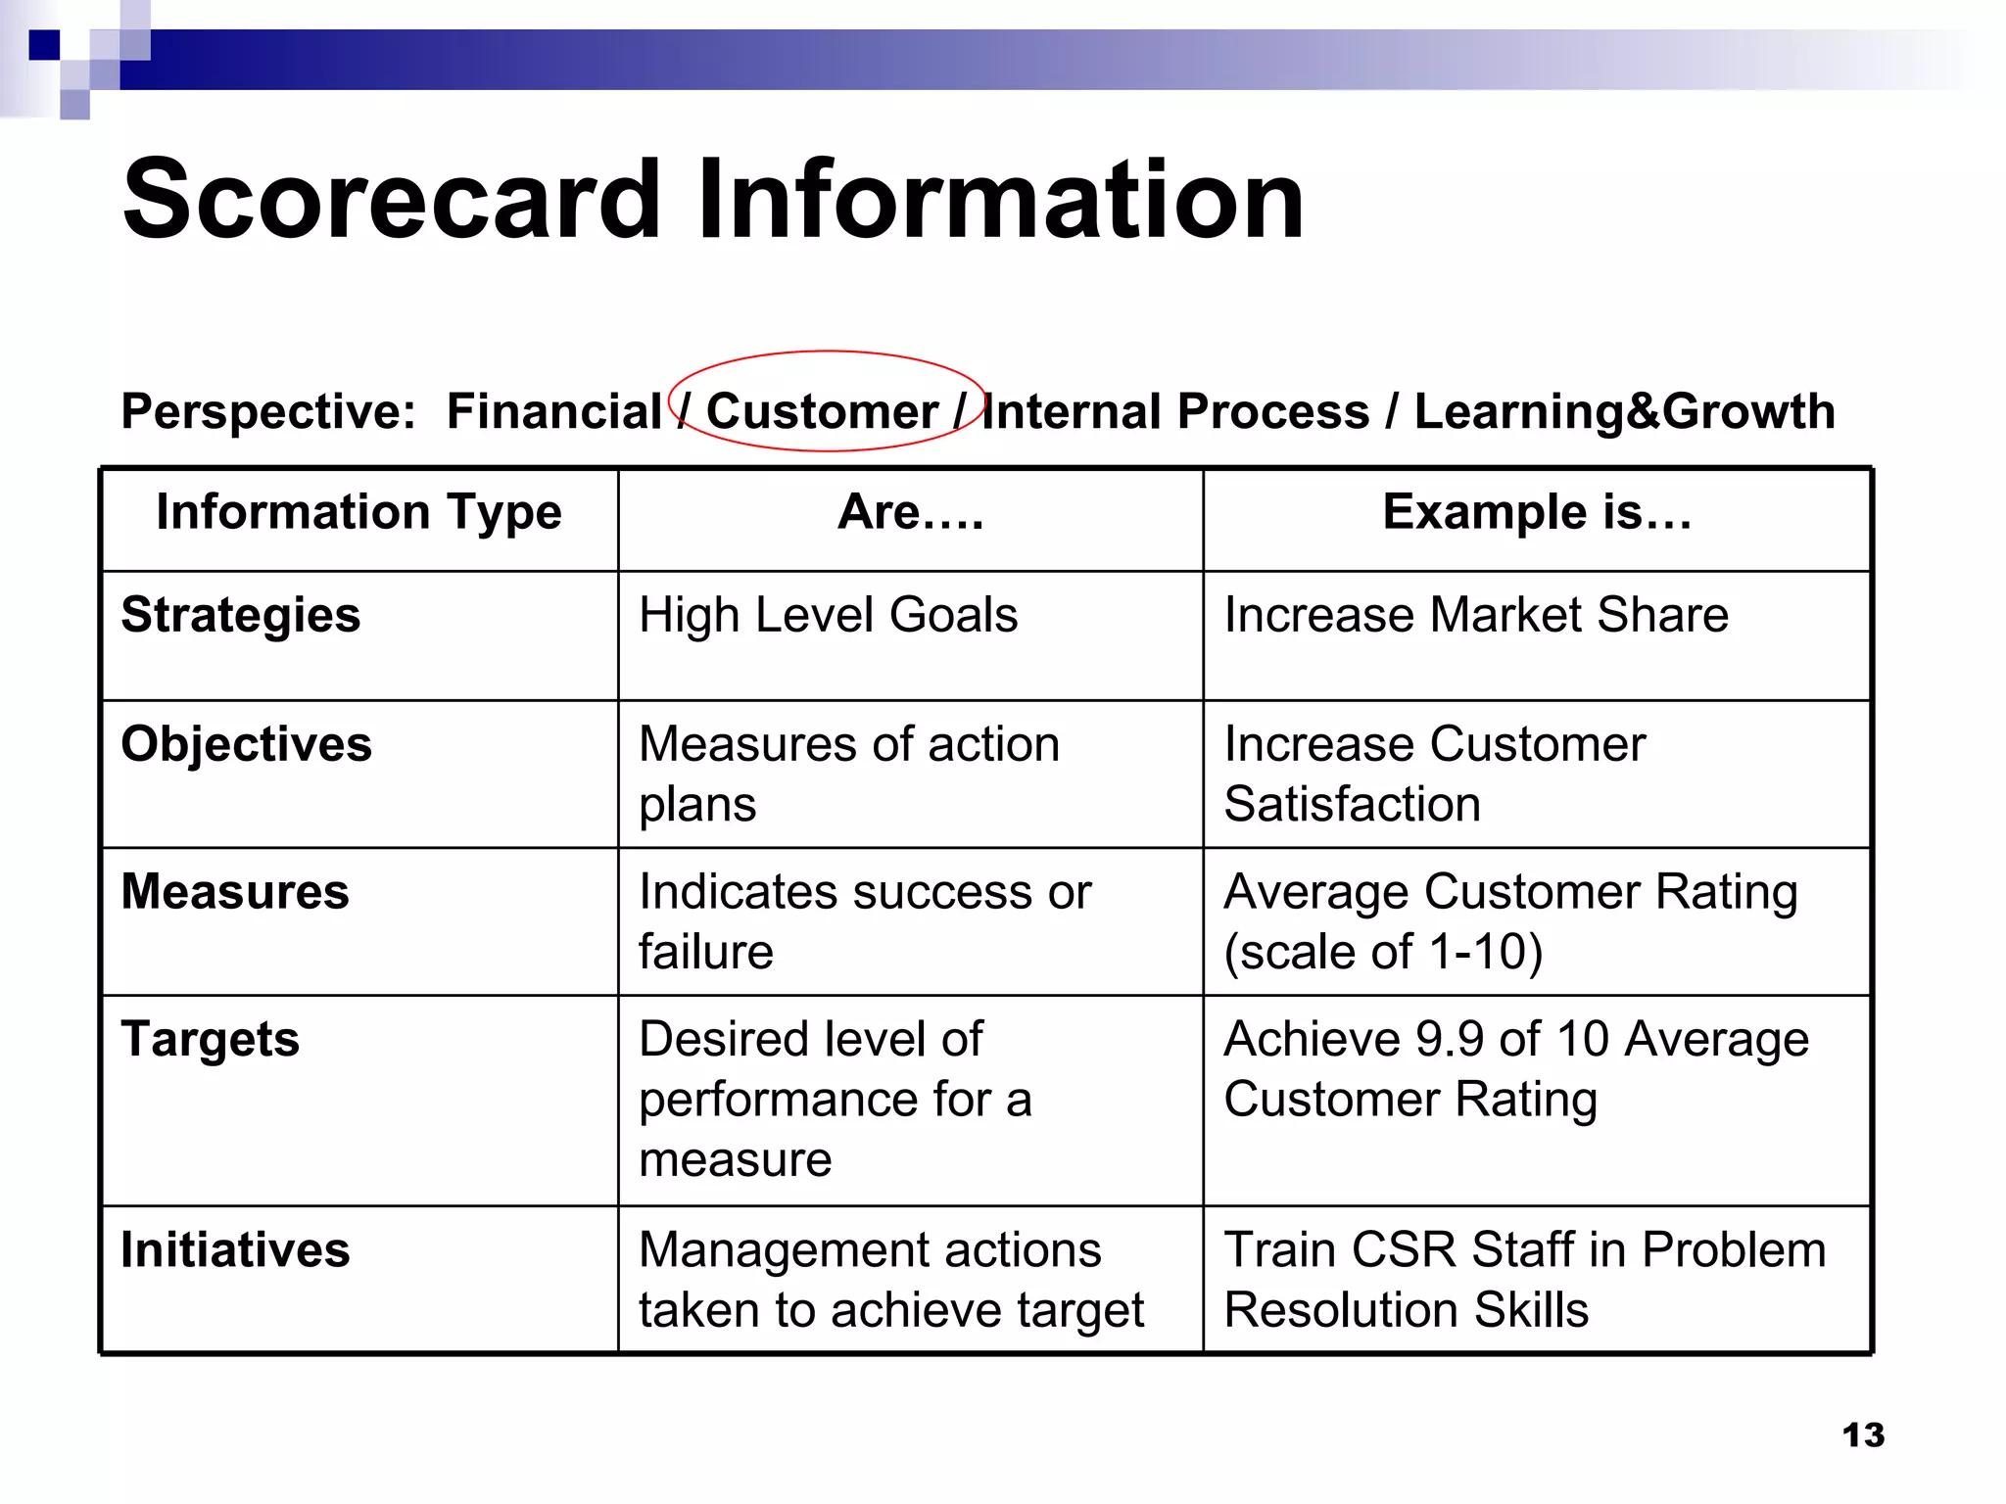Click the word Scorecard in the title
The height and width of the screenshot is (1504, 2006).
pos(392,200)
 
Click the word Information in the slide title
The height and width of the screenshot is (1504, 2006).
pos(1000,200)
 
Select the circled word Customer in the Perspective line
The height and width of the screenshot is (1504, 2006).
pos(822,411)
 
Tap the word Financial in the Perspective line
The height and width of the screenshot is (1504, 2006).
pos(554,411)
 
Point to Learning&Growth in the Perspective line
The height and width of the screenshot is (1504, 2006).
pos(1624,411)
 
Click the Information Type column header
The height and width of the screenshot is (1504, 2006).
pos(358,512)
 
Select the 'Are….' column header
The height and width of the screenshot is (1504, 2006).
pos(910,512)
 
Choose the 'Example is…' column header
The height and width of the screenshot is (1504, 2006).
pos(1537,512)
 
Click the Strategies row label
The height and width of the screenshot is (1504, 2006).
pos(241,616)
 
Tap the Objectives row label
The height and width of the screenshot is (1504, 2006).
pos(247,744)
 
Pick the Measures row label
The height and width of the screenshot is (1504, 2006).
pos(235,892)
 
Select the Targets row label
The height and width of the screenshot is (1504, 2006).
pos(211,1040)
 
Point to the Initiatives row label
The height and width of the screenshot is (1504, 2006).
pos(235,1250)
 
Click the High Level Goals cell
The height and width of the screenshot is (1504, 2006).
pos(828,616)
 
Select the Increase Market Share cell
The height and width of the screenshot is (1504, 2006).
pos(1476,616)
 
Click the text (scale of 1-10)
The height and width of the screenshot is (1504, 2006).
pos(1383,952)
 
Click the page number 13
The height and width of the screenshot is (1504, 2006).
pos(1863,1435)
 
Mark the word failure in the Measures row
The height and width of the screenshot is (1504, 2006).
pos(705,952)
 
